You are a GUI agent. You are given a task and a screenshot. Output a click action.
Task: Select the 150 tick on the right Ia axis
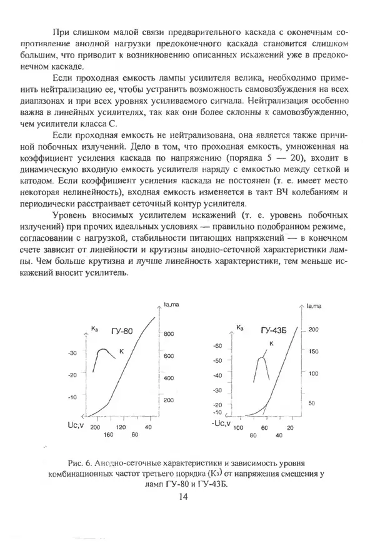314,352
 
